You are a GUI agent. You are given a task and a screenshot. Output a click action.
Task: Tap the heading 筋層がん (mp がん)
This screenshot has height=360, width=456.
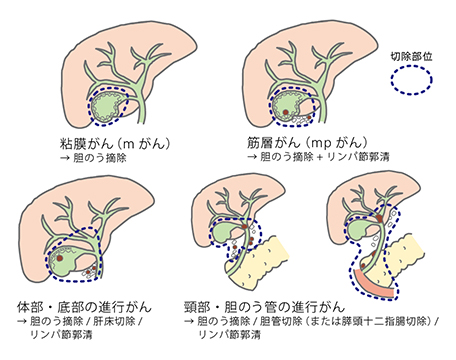coord(299,141)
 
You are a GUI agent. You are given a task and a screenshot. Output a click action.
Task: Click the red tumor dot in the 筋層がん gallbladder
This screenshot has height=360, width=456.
coord(288,104)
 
